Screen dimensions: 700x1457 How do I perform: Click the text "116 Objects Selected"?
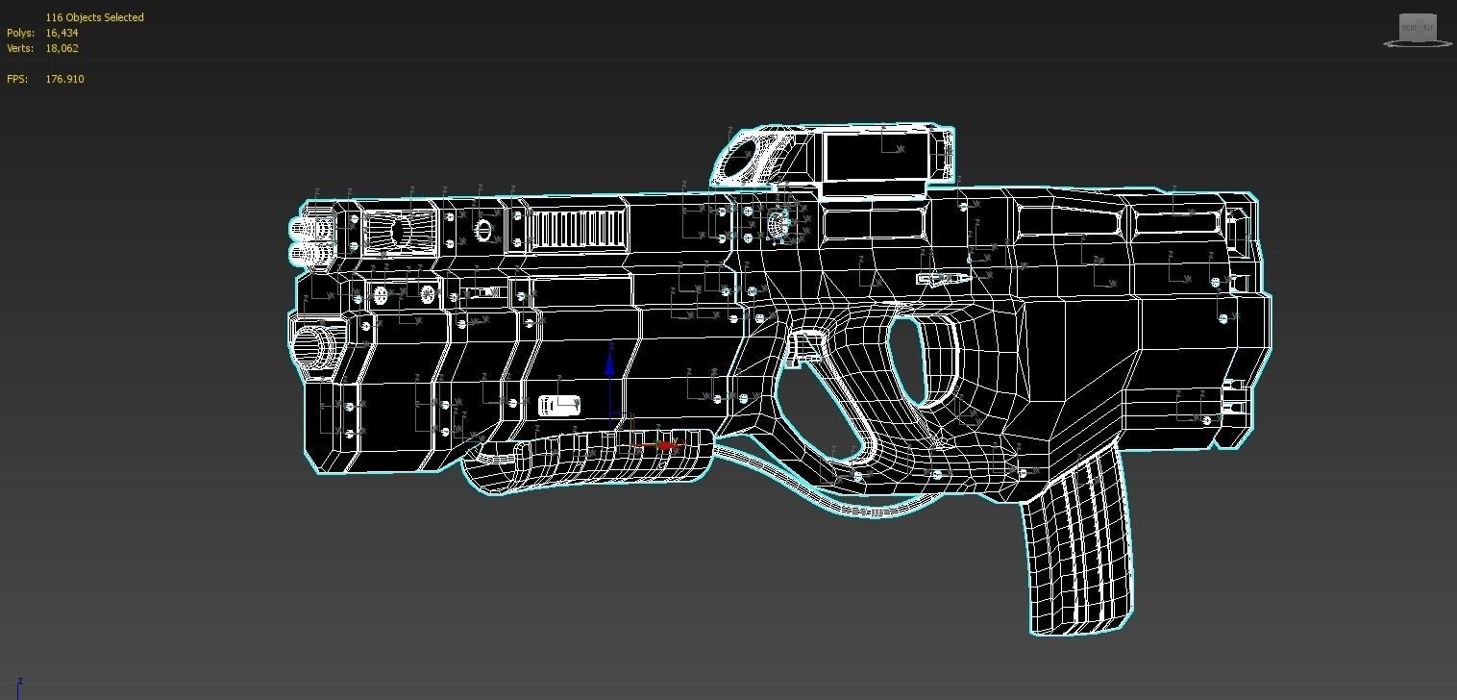click(x=94, y=17)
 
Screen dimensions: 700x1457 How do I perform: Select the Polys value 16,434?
click(x=62, y=33)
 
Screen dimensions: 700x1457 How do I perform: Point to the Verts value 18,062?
click(x=62, y=48)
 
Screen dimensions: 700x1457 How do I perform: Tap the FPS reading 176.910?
click(x=64, y=79)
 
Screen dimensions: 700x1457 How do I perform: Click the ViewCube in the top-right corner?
click(x=1417, y=29)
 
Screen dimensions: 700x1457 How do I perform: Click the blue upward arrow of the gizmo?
click(x=610, y=365)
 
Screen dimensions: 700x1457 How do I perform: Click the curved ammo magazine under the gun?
click(x=1076, y=548)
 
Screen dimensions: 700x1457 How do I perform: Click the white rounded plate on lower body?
click(x=559, y=406)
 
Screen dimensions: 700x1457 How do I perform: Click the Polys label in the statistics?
click(x=20, y=33)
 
